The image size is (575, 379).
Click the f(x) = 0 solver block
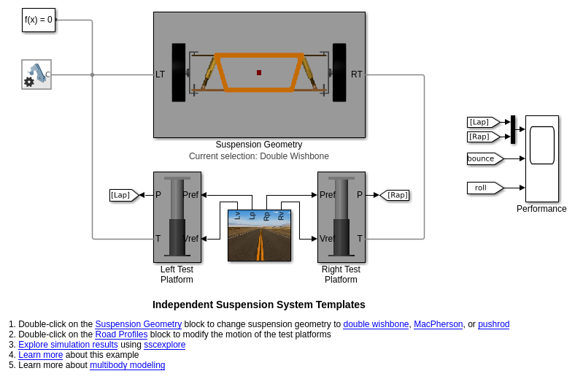pyautogui.click(x=39, y=20)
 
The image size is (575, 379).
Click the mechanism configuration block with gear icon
pyautogui.click(x=36, y=74)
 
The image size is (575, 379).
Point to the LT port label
pyautogui.click(x=160, y=74)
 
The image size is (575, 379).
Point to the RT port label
pyautogui.click(x=356, y=74)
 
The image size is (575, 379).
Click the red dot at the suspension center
pyautogui.click(x=259, y=72)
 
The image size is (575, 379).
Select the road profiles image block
pyautogui.click(x=259, y=235)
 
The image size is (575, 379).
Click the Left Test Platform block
pyautogui.click(x=177, y=217)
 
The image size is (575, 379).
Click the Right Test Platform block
pyautogui.click(x=341, y=217)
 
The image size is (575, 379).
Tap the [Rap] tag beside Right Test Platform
pyautogui.click(x=395, y=195)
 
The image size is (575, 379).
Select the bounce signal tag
pyautogui.click(x=483, y=158)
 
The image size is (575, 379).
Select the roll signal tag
pyautogui.click(x=483, y=188)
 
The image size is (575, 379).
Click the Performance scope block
pyautogui.click(x=542, y=158)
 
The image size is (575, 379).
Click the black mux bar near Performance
pyautogui.click(x=513, y=129)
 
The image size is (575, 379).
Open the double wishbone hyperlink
pyautogui.click(x=376, y=324)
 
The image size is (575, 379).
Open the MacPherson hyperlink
pyautogui.click(x=438, y=324)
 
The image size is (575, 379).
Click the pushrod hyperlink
pyautogui.click(x=493, y=324)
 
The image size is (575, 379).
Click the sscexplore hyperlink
pyautogui.click(x=164, y=345)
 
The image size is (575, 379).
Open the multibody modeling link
pyautogui.click(x=127, y=365)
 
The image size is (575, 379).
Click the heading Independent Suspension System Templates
pyautogui.click(x=258, y=305)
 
